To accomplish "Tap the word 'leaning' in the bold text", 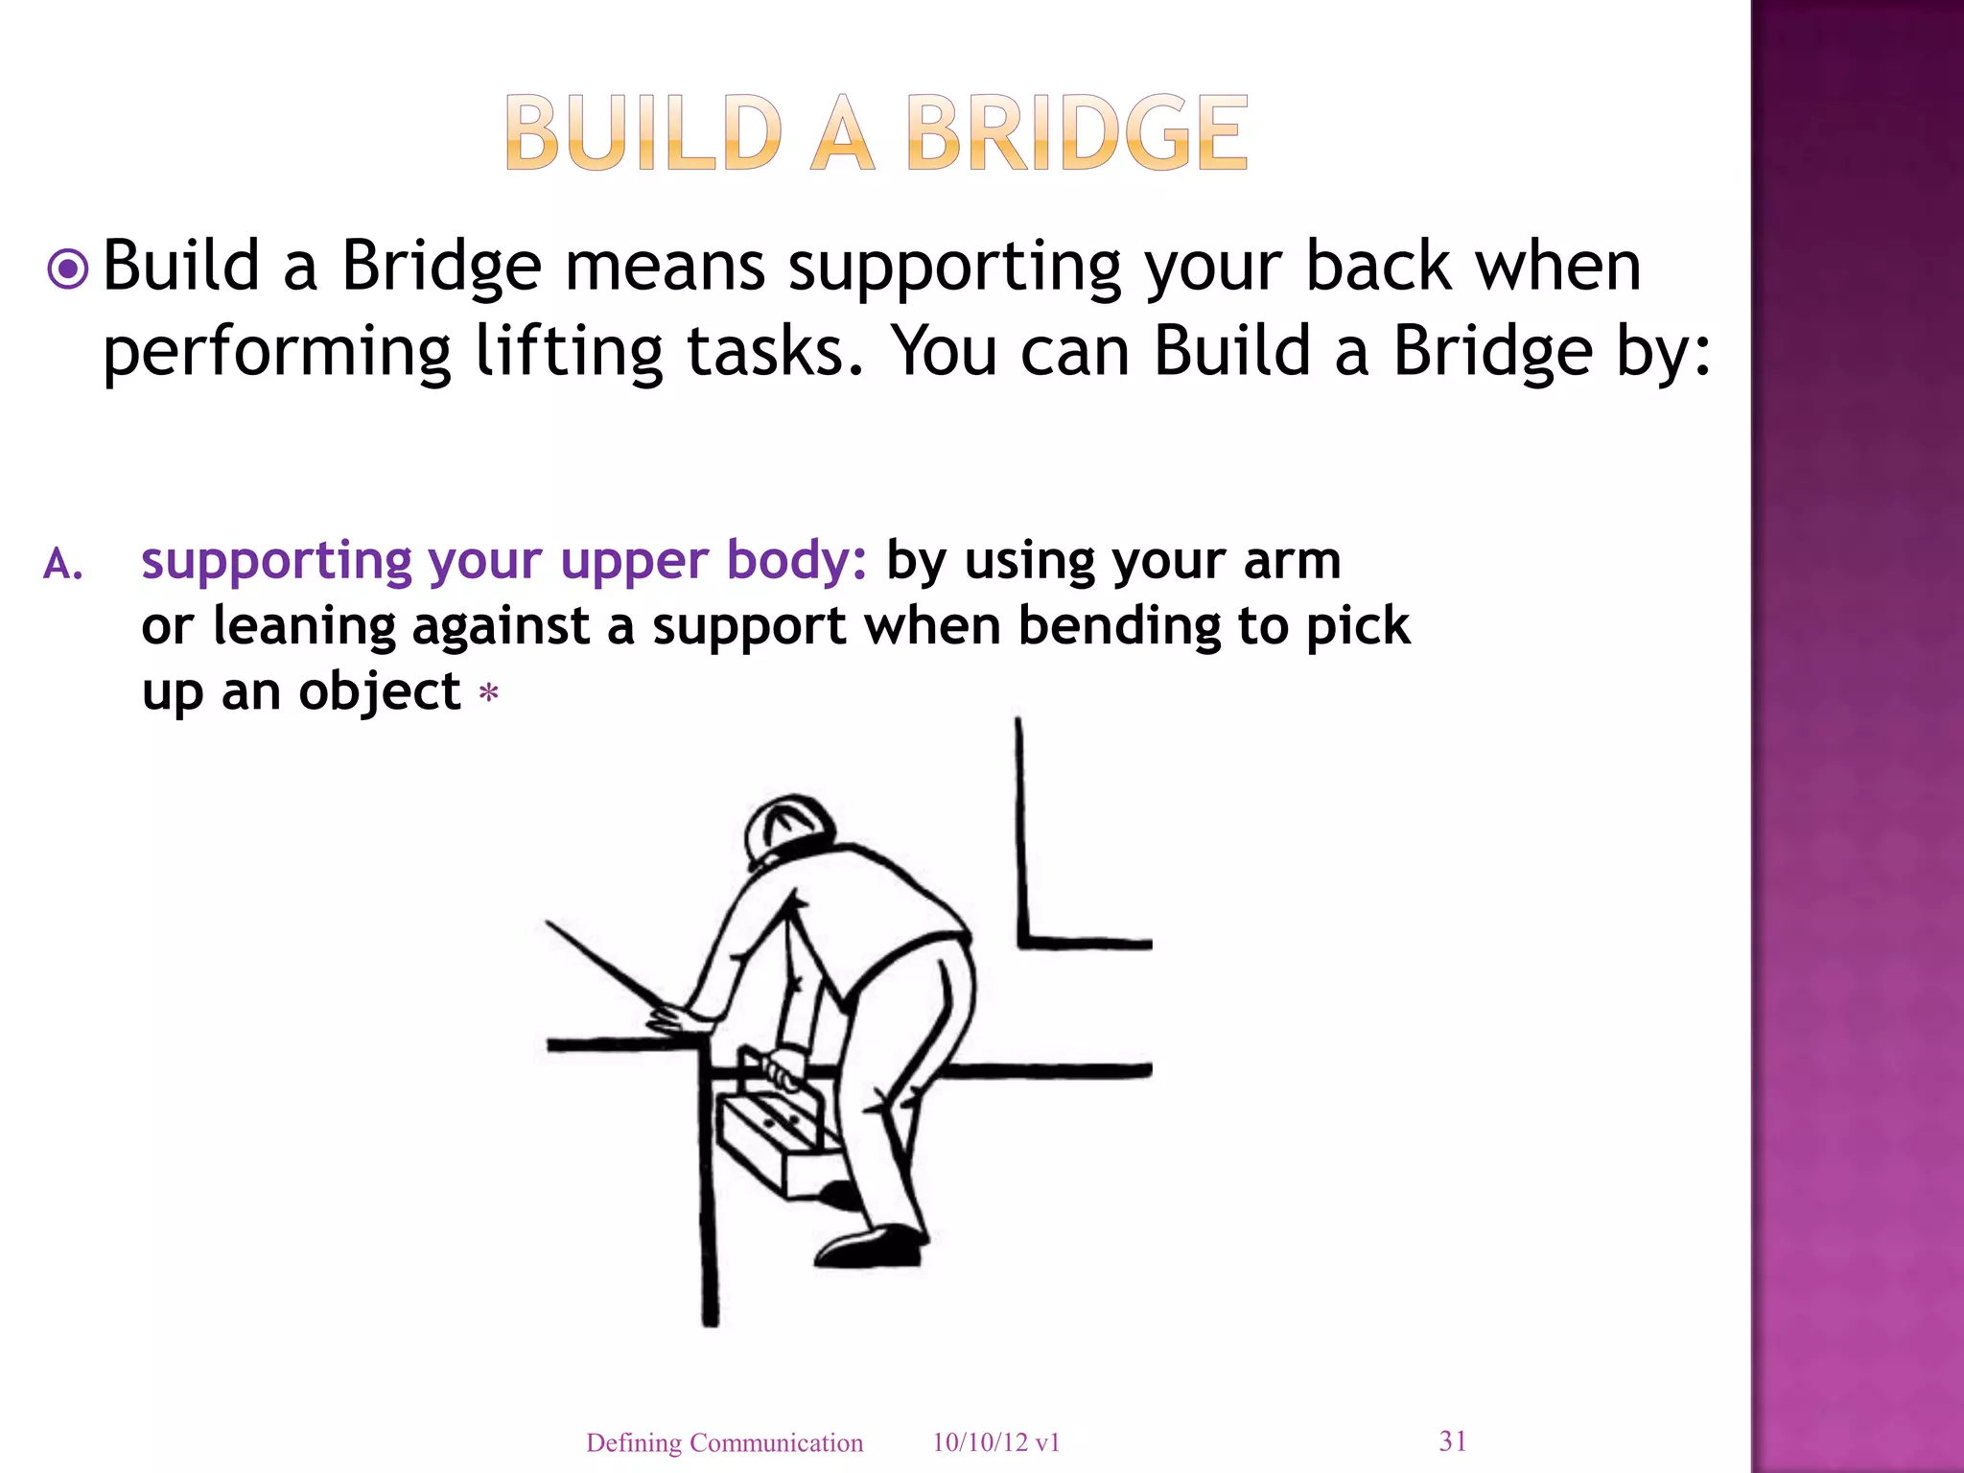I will (304, 626).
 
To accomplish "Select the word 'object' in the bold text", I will (380, 691).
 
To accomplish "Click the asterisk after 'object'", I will (489, 692).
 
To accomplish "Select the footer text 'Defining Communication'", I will (724, 1442).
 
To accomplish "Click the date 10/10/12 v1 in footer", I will (995, 1442).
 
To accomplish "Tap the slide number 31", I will (1453, 1440).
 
